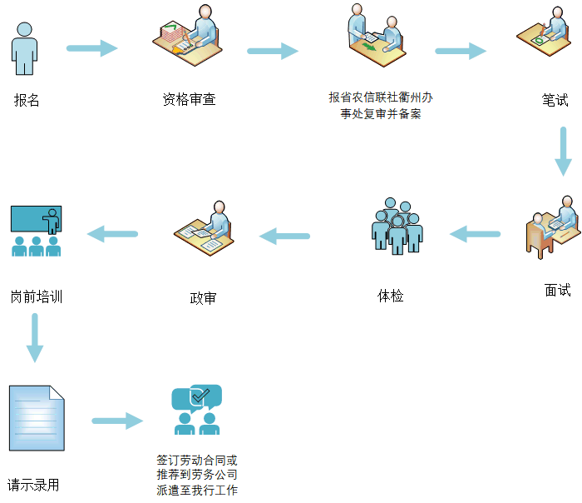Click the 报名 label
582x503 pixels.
(x=27, y=101)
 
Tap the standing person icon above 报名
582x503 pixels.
(x=26, y=49)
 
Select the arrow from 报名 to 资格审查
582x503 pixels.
(x=92, y=48)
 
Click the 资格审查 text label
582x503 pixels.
(x=189, y=100)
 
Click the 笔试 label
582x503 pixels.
(x=555, y=100)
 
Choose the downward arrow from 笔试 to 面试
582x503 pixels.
(x=563, y=151)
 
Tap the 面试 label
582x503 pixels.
(x=558, y=290)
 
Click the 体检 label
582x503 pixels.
(x=391, y=295)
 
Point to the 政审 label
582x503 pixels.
(x=203, y=297)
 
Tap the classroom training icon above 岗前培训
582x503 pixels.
(x=36, y=231)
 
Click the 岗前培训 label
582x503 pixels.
(x=37, y=296)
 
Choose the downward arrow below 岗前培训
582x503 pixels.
(x=34, y=337)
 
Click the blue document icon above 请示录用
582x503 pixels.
(x=36, y=418)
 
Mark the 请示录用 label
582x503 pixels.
(x=33, y=485)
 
